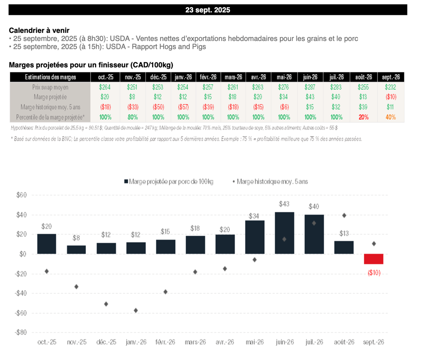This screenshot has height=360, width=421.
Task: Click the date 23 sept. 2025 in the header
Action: (x=208, y=10)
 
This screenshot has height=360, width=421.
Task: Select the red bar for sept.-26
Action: (x=374, y=259)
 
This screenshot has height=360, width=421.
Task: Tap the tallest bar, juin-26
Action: (x=285, y=233)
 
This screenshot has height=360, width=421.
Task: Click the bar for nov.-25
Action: (x=76, y=250)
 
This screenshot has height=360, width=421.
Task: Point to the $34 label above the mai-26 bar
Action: (x=255, y=216)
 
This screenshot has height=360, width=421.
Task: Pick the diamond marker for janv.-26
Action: (x=136, y=310)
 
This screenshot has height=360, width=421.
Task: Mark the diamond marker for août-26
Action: (x=344, y=215)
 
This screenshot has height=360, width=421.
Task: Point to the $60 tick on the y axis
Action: (x=21, y=195)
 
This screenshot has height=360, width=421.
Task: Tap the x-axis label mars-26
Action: (x=195, y=342)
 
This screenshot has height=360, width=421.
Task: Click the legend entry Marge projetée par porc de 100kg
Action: (x=169, y=181)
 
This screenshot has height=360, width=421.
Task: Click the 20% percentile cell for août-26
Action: (x=363, y=117)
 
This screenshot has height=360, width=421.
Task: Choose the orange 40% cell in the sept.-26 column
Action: (x=391, y=117)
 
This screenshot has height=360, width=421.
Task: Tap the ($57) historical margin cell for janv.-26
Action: (x=183, y=107)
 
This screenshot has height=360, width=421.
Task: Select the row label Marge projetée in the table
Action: (x=50, y=97)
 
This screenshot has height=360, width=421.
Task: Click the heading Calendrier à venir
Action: (x=39, y=30)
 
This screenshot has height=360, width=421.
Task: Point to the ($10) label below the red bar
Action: (x=374, y=272)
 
